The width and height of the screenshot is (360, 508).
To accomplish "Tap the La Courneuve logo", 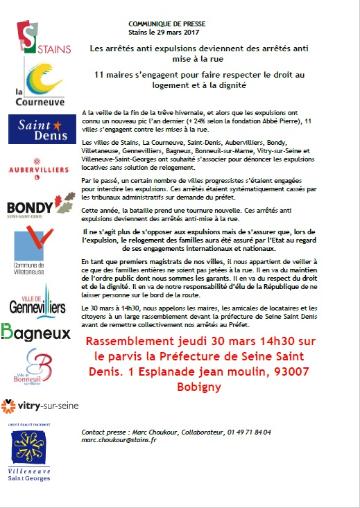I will pyautogui.click(x=43, y=84).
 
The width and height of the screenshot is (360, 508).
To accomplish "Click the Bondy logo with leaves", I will pyautogui.click(x=41, y=207).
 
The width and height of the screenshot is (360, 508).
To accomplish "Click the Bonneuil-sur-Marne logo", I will pyautogui.click(x=37, y=367).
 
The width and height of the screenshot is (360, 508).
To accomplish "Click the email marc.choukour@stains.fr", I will pyautogui.click(x=119, y=440).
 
